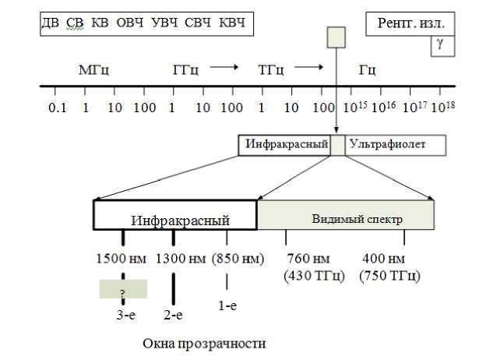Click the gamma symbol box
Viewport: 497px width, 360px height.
pyautogui.click(x=440, y=45)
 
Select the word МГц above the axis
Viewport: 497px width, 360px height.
pyautogui.click(x=93, y=69)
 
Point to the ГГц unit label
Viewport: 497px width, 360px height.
pyautogui.click(x=185, y=69)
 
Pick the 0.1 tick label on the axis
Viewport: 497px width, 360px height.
pyautogui.click(x=57, y=107)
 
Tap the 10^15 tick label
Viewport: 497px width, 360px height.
pyautogui.click(x=354, y=106)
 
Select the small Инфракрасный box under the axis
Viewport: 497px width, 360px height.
pyautogui.click(x=284, y=144)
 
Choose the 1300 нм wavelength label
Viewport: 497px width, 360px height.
pyautogui.click(x=182, y=259)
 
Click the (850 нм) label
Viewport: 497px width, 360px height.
pyautogui.click(x=238, y=259)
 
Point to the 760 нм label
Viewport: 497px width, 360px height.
pyautogui.click(x=308, y=259)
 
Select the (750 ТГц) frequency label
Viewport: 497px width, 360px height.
pyautogui.click(x=389, y=276)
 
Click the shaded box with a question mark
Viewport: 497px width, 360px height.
pyautogui.click(x=122, y=289)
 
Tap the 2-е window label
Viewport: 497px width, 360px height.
pyautogui.click(x=174, y=315)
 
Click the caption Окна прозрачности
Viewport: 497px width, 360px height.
pyautogui.click(x=204, y=343)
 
